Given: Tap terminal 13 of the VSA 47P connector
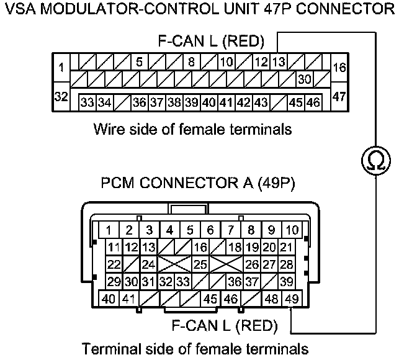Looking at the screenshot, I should pos(278,62).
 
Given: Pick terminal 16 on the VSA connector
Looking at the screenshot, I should pos(339,68).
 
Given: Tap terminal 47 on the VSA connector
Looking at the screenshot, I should pos(339,97).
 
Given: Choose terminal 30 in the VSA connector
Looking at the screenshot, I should pos(304,79).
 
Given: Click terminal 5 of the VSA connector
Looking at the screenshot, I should pos(139,62).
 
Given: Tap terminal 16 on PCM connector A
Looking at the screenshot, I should pos(200,248).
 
